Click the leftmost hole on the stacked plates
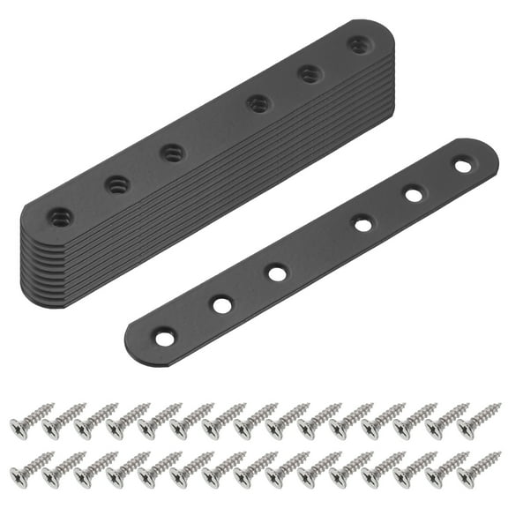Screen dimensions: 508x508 (x=60, y=214)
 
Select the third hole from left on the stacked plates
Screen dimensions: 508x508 (x=171, y=152)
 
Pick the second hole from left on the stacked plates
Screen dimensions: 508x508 (x=116, y=184)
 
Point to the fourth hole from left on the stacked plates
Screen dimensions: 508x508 (x=258, y=103)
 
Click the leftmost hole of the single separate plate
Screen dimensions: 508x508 (x=163, y=336)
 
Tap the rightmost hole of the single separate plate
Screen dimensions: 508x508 (x=462, y=165)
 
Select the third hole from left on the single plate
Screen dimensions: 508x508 (x=277, y=273)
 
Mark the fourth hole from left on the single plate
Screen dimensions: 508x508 (x=362, y=223)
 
